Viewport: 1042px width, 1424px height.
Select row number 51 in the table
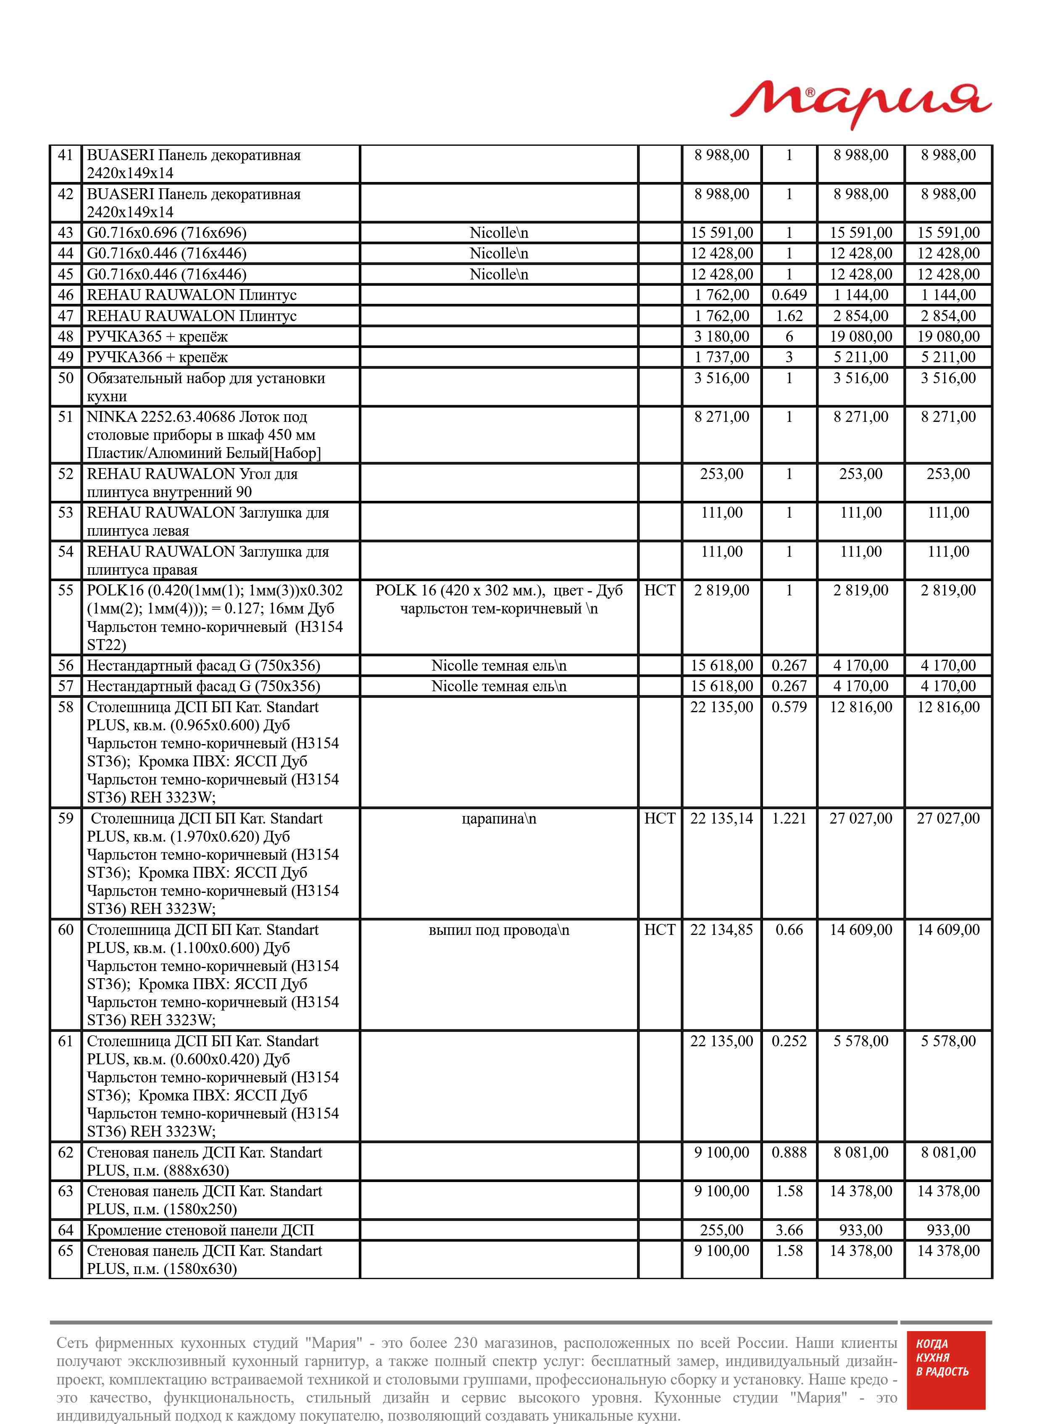pos(66,417)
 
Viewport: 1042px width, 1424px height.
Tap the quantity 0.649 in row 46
pos(789,295)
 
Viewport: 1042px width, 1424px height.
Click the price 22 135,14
pos(721,819)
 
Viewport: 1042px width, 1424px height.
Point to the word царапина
pos(498,819)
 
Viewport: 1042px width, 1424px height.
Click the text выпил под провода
pos(498,930)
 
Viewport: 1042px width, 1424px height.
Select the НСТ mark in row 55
pos(659,590)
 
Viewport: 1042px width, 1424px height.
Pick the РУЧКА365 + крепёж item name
pos(157,337)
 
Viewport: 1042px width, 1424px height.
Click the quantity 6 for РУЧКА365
pos(789,337)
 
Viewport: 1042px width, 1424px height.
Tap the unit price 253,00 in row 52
pos(721,474)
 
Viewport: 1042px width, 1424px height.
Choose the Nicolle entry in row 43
pos(498,233)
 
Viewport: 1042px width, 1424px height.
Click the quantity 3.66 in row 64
pos(789,1230)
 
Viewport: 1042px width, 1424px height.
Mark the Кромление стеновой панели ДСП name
pos(200,1230)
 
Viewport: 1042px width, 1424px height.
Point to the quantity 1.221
pos(789,819)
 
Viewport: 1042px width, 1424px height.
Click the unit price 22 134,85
pos(721,930)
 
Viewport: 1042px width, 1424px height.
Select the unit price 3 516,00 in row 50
pos(721,379)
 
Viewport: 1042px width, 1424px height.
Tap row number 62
pos(66,1153)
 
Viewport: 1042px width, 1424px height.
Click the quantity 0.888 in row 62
pos(789,1153)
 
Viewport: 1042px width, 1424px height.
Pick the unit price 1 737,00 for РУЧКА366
pos(721,358)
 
